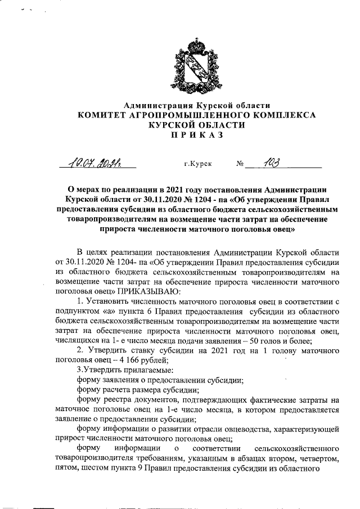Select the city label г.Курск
tap(198, 164)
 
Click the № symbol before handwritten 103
tap(241, 164)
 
